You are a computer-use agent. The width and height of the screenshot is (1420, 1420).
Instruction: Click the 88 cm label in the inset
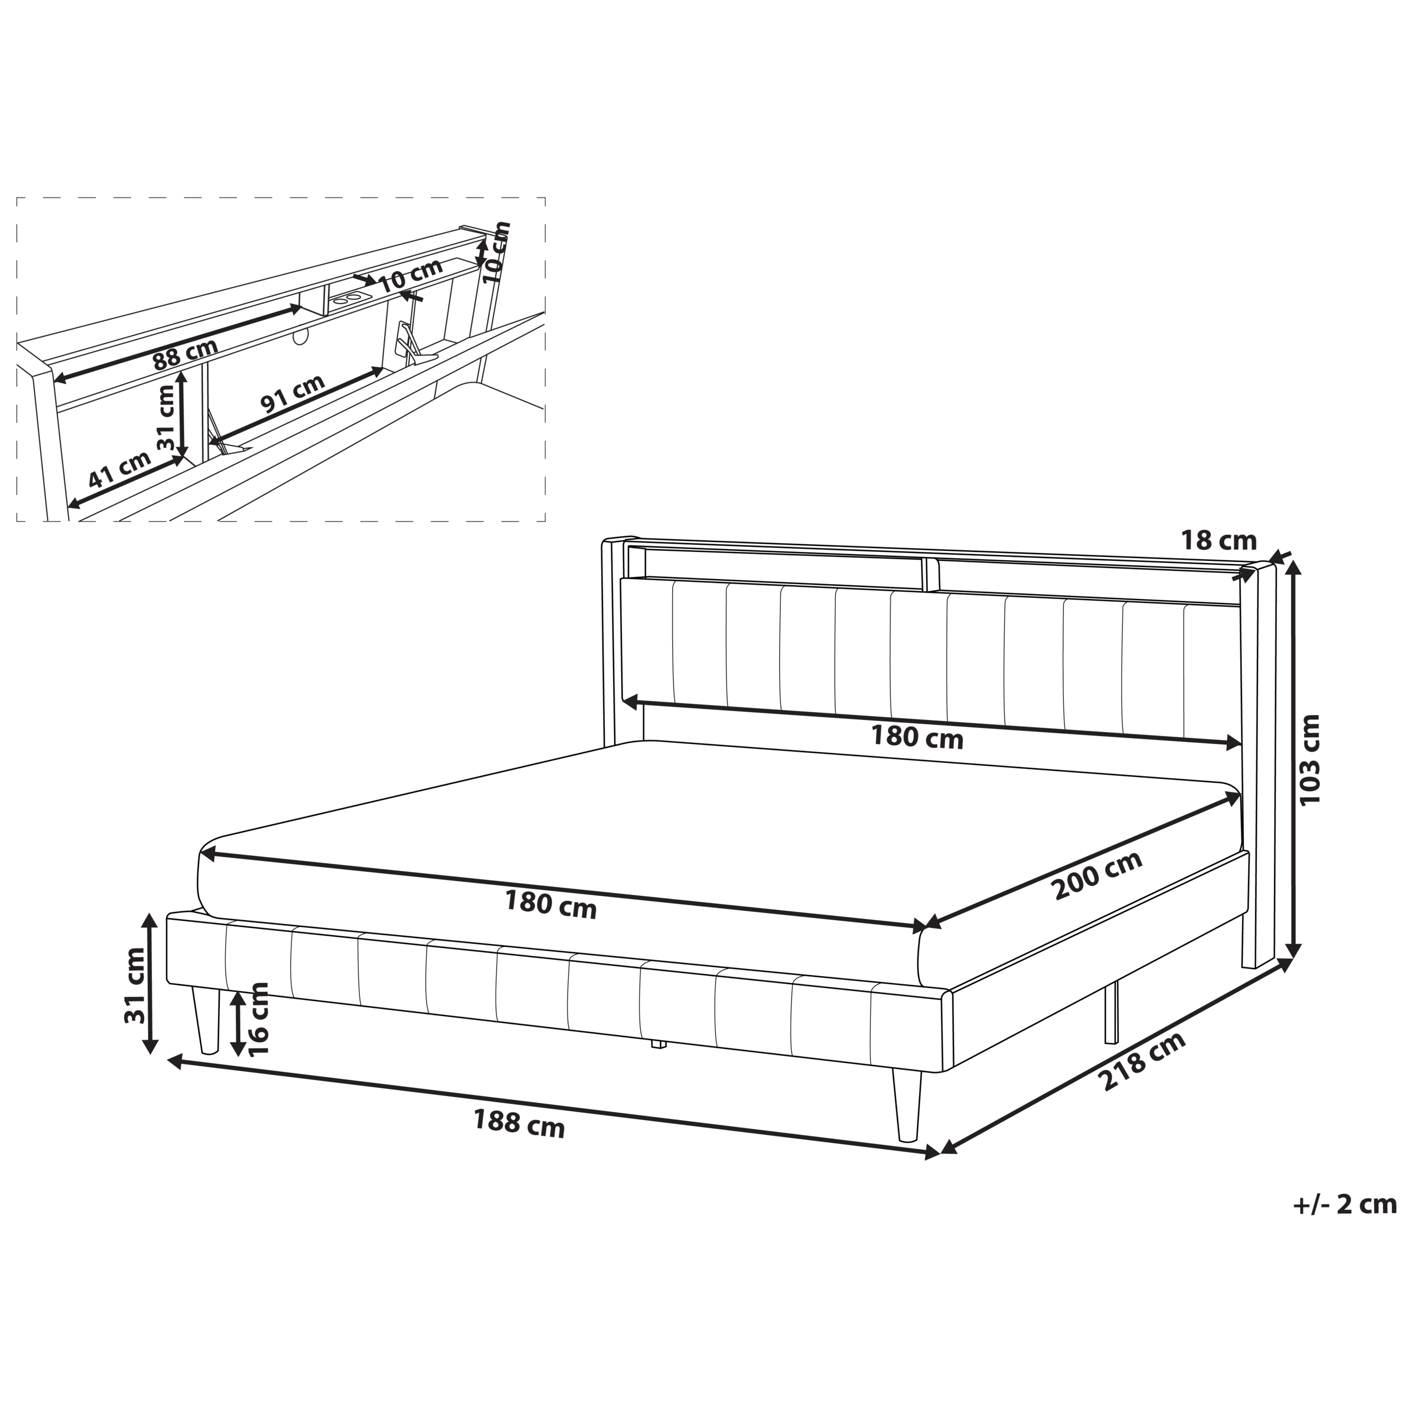pyautogui.click(x=185, y=355)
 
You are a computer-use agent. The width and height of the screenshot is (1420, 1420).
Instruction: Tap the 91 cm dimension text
pyautogui.click(x=292, y=393)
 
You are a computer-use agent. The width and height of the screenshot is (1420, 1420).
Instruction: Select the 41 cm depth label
pyautogui.click(x=120, y=469)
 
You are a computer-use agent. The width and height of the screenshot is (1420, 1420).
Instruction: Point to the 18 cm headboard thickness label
pyautogui.click(x=1219, y=541)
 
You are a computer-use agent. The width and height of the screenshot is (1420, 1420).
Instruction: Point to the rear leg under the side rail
pyautogui.click(x=1110, y=1013)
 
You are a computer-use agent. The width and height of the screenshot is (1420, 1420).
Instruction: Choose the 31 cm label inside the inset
pyautogui.click(x=167, y=418)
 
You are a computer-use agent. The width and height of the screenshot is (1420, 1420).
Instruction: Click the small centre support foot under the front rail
pyautogui.click(x=658, y=1044)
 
